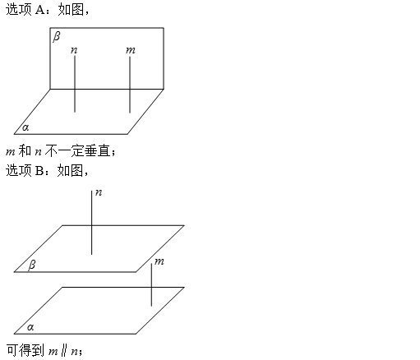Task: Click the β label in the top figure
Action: click(x=57, y=36)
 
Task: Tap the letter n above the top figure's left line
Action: click(x=74, y=50)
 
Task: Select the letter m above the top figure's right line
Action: click(x=131, y=50)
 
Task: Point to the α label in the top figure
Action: click(x=25, y=127)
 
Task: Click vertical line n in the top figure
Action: click(x=75, y=84)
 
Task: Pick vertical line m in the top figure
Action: click(x=130, y=85)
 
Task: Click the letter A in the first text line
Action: click(x=40, y=10)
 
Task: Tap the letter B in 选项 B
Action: click(x=39, y=170)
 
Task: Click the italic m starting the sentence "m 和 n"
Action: click(x=10, y=152)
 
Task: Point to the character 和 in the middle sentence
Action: click(x=25, y=150)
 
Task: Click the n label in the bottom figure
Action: click(x=99, y=192)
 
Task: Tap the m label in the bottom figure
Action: click(x=159, y=261)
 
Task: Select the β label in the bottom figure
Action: click(x=32, y=265)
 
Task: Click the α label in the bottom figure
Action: click(x=30, y=327)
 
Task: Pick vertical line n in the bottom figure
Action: click(x=91, y=223)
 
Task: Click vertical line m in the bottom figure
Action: click(x=151, y=285)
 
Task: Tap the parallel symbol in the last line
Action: click(x=64, y=351)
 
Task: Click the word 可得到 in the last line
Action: click(x=25, y=350)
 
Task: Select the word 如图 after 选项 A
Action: click(x=71, y=10)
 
